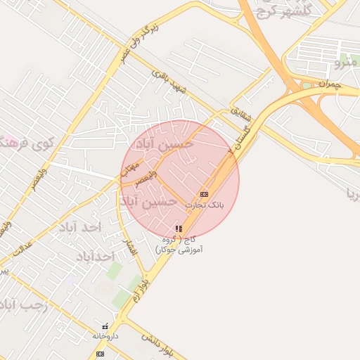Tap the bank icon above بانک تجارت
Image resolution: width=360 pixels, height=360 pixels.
pos(204,193)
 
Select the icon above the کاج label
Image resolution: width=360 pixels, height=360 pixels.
pos(179,229)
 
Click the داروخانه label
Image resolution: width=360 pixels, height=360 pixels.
pos(105,336)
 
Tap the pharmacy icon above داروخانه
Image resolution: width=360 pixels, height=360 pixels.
pos(105,327)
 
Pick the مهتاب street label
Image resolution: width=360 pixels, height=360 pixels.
pos(129,167)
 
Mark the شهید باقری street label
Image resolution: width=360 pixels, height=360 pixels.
pos(171,82)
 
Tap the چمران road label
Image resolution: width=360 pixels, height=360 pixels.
pos(328,84)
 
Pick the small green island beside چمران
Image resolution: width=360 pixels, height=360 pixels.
pos(307,86)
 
